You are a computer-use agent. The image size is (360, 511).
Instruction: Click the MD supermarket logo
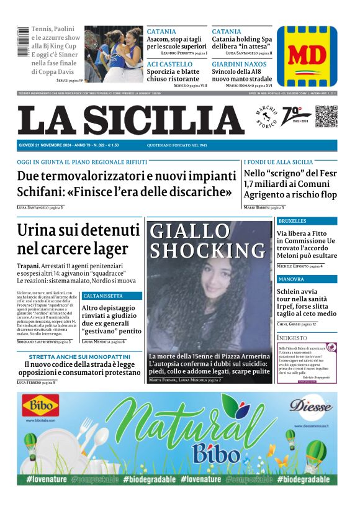(x=307, y=55)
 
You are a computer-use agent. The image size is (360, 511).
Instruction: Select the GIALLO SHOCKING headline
(x=199, y=240)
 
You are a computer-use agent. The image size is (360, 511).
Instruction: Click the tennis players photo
(x=114, y=54)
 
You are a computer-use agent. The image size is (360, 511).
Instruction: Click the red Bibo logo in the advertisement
(x=41, y=407)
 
